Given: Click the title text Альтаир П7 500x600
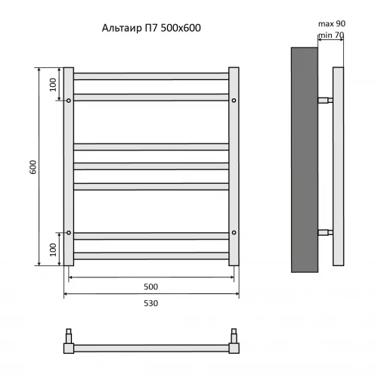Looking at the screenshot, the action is click(151, 28).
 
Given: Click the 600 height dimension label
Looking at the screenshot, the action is click(33, 167).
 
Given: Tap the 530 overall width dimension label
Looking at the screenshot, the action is click(151, 303).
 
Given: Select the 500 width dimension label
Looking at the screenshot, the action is click(151, 287).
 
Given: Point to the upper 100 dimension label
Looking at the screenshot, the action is click(53, 85).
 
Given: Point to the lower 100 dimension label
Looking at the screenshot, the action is click(53, 249).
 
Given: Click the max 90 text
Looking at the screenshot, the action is click(332, 23).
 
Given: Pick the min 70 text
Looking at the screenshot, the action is click(331, 36).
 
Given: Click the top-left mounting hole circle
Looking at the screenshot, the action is click(69, 101).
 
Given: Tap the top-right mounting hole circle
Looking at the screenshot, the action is click(234, 101).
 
